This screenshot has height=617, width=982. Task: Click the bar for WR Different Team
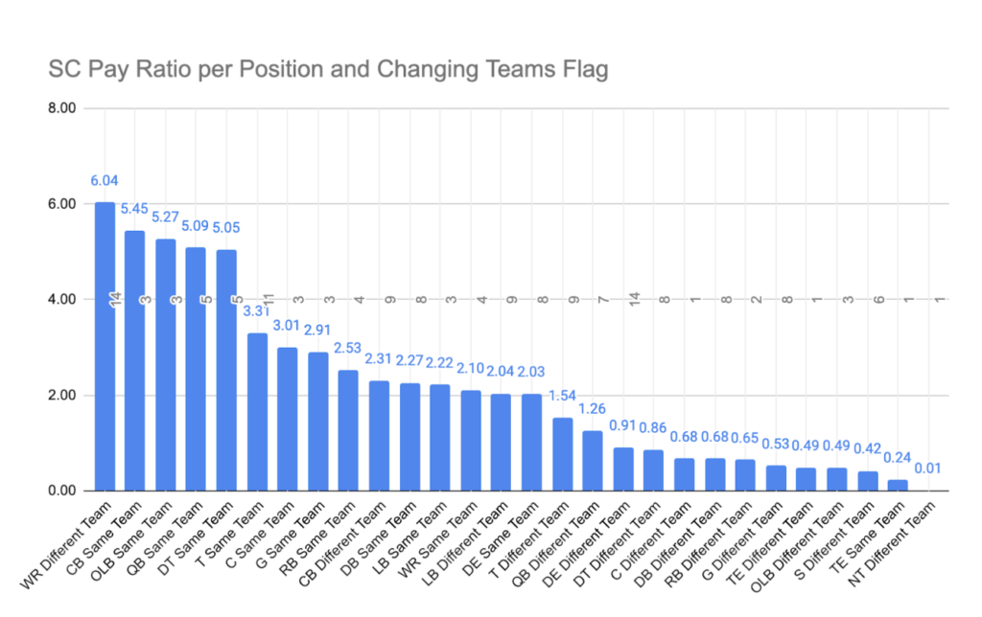[105, 347]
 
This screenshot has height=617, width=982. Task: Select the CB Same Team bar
[134, 361]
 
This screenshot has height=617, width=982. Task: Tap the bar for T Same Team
[257, 412]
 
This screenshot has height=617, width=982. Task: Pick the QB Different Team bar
[593, 461]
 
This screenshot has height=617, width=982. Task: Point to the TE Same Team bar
[898, 486]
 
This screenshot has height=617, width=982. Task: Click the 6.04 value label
[104, 181]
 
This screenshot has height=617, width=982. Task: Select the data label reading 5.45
[134, 209]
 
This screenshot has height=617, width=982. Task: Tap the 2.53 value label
[347, 348]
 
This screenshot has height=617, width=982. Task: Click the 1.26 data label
[592, 409]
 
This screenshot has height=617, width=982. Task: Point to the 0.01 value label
[927, 468]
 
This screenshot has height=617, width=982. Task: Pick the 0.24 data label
[897, 458]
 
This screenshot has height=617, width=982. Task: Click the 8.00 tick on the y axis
[62, 108]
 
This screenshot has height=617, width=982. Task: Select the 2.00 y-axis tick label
[62, 396]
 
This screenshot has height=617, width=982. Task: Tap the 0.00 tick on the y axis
[62, 491]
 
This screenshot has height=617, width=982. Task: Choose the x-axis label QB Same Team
[165, 539]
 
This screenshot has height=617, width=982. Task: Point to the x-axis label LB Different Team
[465, 544]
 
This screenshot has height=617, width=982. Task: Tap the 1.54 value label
[562, 396]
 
